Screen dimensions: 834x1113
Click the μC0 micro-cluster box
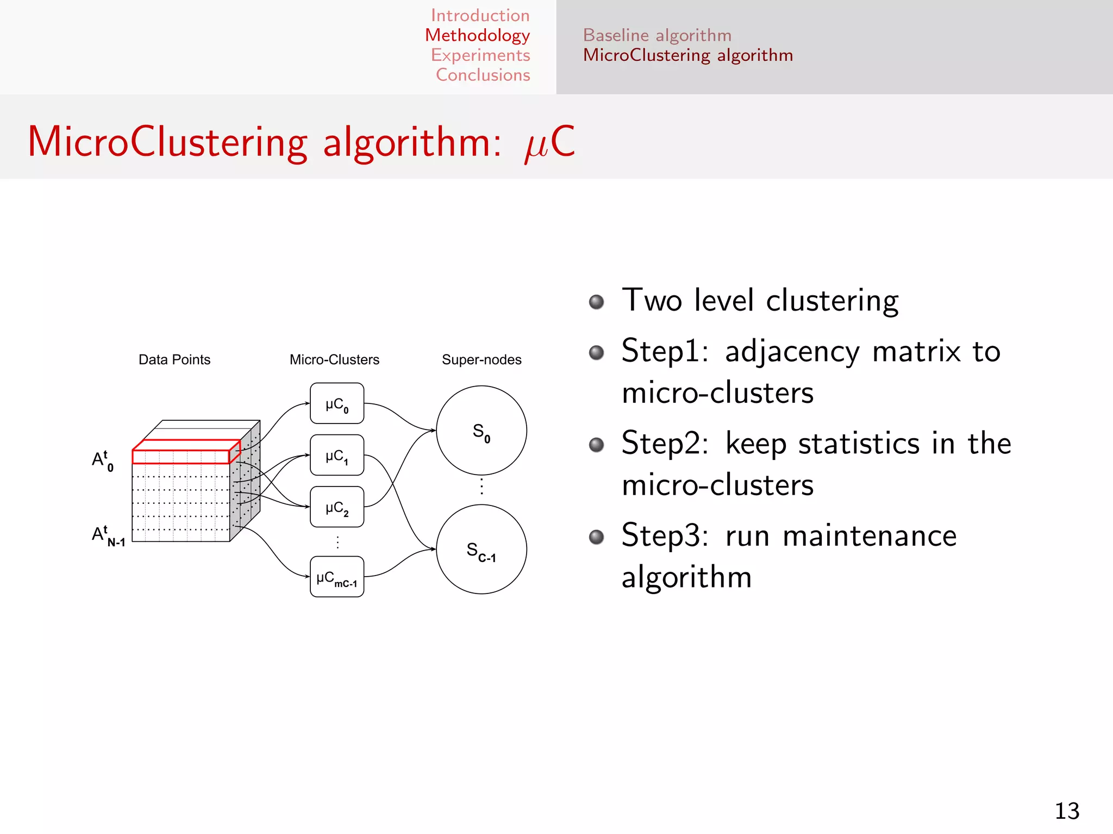click(337, 403)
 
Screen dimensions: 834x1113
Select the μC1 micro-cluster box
click(337, 455)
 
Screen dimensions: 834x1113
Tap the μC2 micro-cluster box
click(337, 507)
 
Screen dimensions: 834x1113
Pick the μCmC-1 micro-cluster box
click(337, 577)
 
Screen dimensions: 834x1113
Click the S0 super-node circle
click(481, 431)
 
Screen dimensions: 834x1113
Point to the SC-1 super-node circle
click(481, 549)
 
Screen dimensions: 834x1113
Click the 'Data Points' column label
click(174, 359)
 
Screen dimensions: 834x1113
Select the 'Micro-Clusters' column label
click(334, 359)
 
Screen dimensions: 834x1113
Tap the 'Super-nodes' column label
click(482, 359)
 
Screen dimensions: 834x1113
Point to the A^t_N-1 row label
click(108, 535)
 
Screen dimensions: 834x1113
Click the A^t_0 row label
click(103, 460)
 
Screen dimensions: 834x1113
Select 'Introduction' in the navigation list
click(480, 15)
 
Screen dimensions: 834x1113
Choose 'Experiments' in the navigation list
click(480, 55)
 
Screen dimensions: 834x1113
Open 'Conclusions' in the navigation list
click(483, 75)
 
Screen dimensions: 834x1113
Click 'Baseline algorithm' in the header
click(657, 35)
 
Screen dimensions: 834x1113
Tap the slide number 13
click(1067, 811)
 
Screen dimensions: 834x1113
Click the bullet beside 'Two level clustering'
click(596, 302)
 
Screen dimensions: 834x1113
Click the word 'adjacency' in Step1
click(792, 351)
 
